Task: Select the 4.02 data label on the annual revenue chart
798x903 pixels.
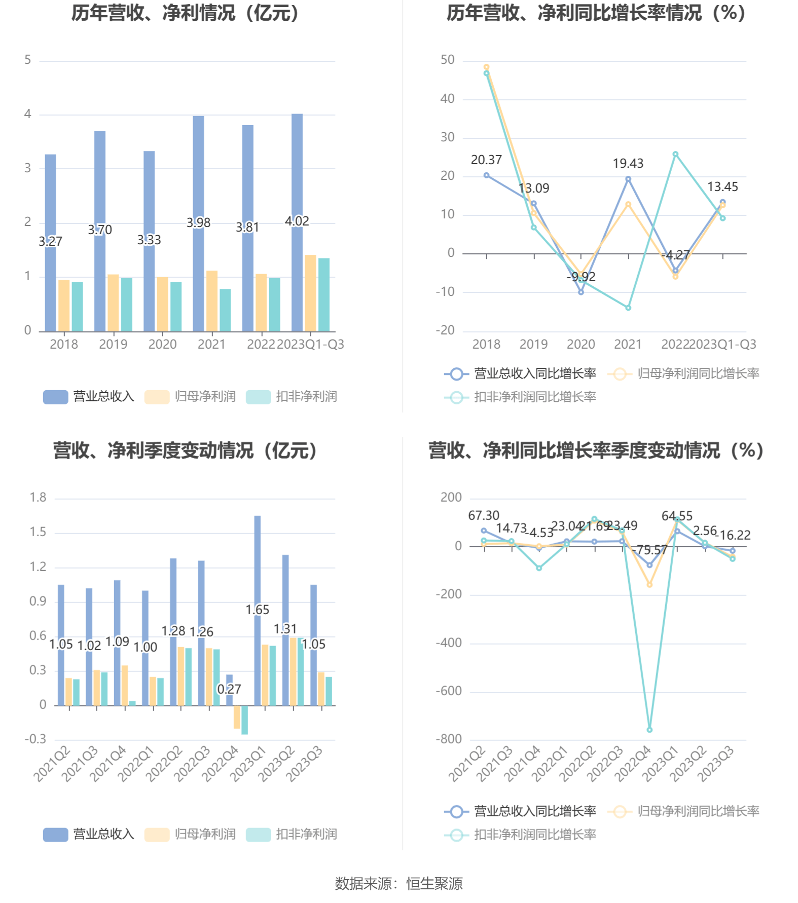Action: tap(297, 221)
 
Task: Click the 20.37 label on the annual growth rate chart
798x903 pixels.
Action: tap(486, 160)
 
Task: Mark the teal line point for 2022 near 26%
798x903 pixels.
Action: tap(675, 154)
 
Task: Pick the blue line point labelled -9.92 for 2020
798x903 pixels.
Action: tap(581, 292)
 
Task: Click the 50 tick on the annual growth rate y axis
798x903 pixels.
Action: tap(447, 60)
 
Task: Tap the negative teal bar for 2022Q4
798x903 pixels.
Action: tap(245, 720)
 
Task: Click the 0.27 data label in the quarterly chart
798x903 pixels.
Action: tap(229, 689)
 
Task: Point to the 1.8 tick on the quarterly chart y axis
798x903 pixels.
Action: tap(38, 498)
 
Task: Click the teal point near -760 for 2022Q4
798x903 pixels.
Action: tap(649, 730)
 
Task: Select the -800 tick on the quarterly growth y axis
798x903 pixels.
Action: tap(449, 739)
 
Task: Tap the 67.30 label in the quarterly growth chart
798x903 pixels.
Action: tap(483, 516)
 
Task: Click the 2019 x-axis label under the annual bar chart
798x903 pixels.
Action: tap(113, 345)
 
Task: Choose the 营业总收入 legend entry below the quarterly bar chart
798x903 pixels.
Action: tap(89, 834)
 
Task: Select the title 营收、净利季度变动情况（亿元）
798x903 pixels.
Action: tap(186, 450)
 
